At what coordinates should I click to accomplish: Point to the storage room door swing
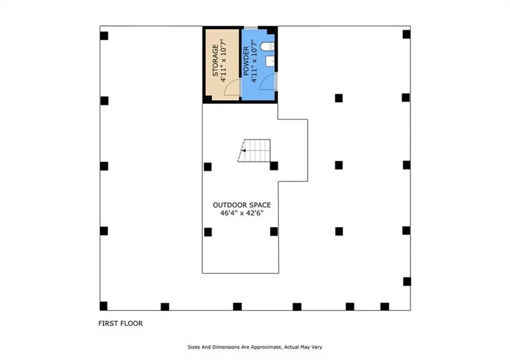[231, 90]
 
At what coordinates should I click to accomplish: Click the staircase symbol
[256, 150]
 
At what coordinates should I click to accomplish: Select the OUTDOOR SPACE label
[242, 205]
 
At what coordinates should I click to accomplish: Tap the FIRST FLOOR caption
[121, 323]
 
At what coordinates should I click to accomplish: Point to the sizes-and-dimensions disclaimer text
[254, 347]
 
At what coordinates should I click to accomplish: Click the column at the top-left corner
[104, 35]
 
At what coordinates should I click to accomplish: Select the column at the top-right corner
[406, 34]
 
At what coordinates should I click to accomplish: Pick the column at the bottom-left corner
[103, 306]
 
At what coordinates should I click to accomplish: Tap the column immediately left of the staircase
[208, 166]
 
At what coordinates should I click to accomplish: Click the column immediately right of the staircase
[274, 165]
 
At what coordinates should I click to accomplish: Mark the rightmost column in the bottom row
[385, 306]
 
